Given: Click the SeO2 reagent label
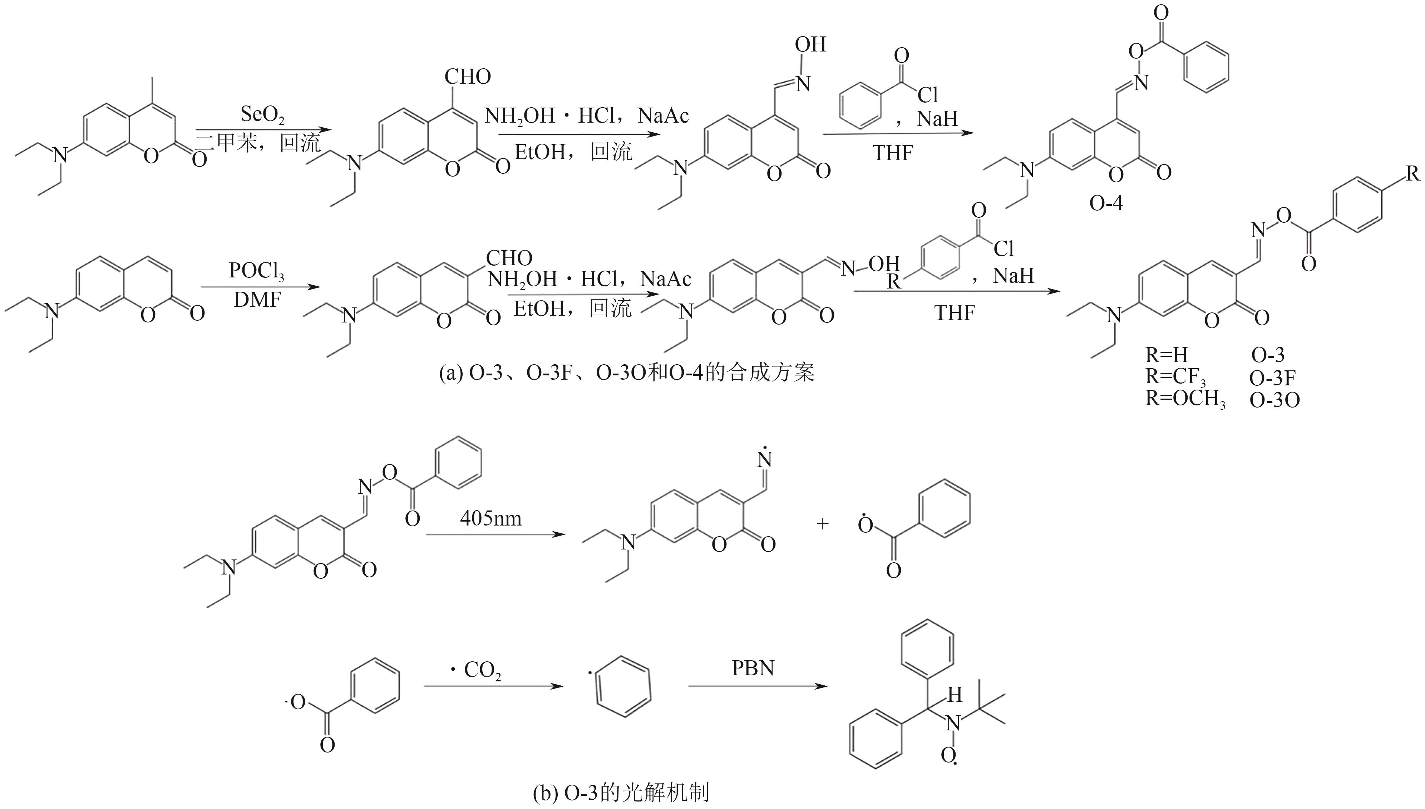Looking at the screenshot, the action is point(262,115).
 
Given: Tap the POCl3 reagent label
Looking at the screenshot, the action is point(257,272).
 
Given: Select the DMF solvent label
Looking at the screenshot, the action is point(257,300).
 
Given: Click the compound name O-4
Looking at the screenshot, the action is point(1105,203).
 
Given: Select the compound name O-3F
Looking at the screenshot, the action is point(1272,378).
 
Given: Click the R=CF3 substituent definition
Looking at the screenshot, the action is point(1175,378).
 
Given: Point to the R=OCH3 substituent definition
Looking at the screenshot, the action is point(1185,400).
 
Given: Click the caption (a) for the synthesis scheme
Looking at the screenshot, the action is point(627,373).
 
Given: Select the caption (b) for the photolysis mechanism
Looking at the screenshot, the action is point(621,792).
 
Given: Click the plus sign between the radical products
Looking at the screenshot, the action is point(822,523).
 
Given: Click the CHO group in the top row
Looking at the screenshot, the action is point(468,77).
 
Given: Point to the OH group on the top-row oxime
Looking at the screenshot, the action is point(810,44).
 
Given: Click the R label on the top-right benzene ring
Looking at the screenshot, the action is point(1413,174).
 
